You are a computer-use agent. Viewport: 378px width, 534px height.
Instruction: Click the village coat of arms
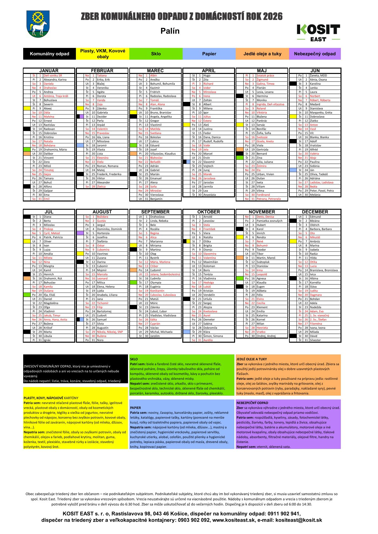click(38, 24)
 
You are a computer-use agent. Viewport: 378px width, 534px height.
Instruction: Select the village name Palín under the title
click(170, 31)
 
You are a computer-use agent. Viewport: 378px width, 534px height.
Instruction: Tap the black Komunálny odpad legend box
click(50, 54)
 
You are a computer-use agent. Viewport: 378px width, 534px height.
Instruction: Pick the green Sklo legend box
click(156, 54)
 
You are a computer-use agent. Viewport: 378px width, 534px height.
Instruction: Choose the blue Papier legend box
click(209, 54)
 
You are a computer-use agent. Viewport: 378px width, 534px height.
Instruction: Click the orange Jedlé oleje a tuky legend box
click(262, 54)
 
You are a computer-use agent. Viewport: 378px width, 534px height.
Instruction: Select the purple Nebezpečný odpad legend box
click(315, 54)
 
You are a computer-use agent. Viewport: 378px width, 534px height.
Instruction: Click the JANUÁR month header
click(49, 70)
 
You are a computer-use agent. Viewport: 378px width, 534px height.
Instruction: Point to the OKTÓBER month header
click(209, 212)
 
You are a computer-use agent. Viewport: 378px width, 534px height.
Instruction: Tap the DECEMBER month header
click(315, 212)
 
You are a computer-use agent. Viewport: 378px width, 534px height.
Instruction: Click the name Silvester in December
click(315, 340)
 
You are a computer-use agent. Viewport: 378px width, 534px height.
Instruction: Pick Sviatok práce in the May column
click(265, 76)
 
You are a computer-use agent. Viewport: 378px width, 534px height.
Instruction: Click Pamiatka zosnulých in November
click(269, 221)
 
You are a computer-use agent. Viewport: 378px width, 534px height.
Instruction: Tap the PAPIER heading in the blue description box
click(135, 408)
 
